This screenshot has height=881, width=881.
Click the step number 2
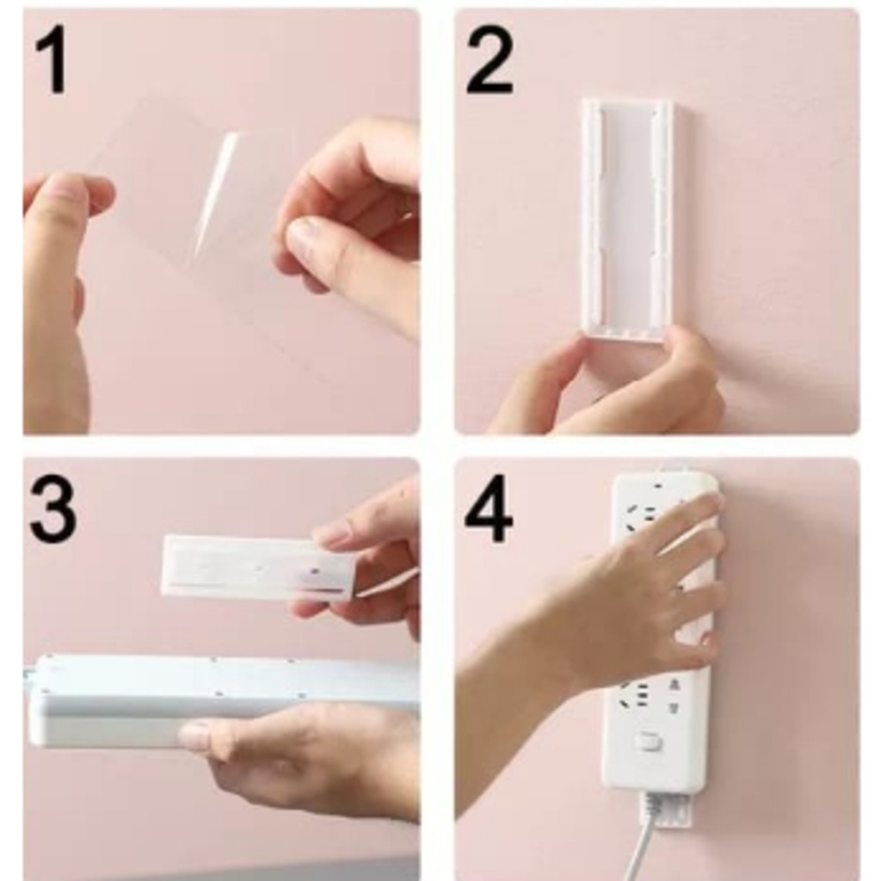490,61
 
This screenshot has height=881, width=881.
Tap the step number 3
52,510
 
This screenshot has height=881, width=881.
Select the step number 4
489,510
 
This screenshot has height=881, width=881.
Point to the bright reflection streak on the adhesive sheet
217,193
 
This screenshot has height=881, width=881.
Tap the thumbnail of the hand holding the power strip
194,736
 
